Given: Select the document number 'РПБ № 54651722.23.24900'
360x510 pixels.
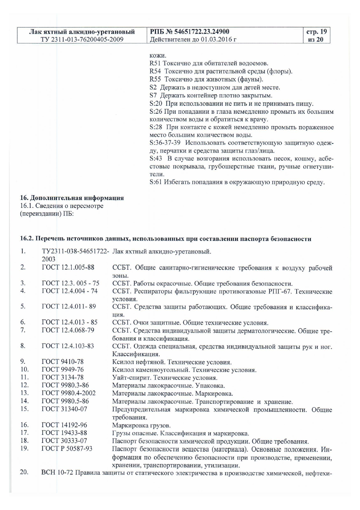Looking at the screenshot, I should (189, 32).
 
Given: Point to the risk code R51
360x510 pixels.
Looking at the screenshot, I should (155, 63).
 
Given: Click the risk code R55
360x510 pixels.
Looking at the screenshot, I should (155, 79).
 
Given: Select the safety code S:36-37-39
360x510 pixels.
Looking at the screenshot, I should (165, 143).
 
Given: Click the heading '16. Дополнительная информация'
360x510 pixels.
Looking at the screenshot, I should (72, 198).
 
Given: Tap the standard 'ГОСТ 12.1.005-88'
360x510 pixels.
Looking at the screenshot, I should (68, 267).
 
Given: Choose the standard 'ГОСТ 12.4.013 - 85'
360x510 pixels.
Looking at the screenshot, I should (70, 322).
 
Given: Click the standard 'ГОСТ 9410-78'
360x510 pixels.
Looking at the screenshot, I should (63, 362).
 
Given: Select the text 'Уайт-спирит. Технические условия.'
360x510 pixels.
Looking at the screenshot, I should (165, 378).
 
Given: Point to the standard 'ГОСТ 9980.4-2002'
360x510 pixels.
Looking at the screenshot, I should (69, 393).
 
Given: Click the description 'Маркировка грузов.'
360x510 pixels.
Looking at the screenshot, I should (141, 426).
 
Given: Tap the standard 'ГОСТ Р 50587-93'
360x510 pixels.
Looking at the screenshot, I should (67, 449).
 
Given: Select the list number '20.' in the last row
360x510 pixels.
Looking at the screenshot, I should (24, 472).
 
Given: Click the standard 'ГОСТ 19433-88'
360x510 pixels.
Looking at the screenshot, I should (64, 433).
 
